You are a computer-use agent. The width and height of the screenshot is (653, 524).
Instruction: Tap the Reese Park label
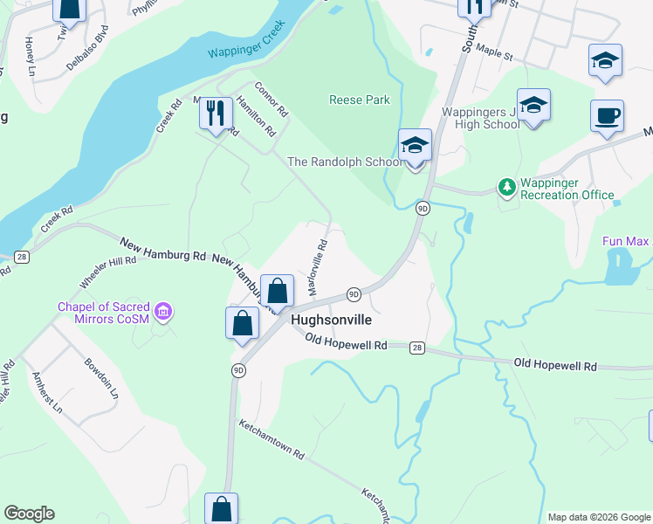coord(359,100)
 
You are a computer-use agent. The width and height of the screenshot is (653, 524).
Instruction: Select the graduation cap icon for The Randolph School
coord(416,146)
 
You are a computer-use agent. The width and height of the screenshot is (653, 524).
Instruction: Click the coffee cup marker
coord(607,115)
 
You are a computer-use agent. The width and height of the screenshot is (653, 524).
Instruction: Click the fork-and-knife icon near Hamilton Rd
coord(215,113)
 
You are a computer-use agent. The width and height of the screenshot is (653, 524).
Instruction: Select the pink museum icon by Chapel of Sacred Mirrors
coord(162,311)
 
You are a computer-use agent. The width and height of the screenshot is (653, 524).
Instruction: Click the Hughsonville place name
coord(326,321)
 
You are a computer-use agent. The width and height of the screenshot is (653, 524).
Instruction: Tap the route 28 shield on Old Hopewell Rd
coord(417,348)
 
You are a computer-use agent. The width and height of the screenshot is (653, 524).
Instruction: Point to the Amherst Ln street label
coord(47,392)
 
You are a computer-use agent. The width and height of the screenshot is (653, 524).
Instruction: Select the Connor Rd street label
coord(271,100)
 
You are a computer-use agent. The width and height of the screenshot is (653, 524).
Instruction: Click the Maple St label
coord(495,53)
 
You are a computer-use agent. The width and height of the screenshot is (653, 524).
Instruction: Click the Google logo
coord(29,514)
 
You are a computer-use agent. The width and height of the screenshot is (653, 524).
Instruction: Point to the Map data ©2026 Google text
coord(598,517)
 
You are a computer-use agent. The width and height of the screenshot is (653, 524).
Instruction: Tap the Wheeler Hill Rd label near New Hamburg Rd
coord(108,271)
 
